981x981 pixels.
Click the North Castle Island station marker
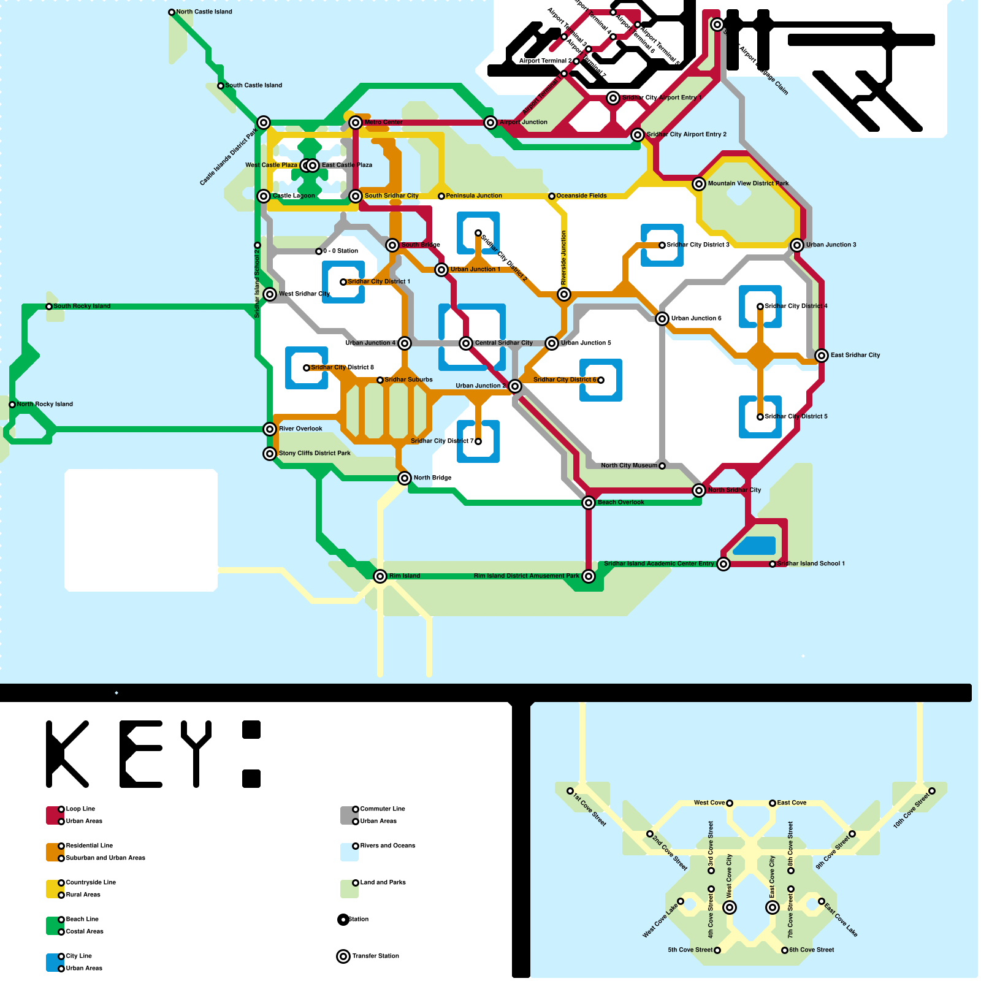[172, 12]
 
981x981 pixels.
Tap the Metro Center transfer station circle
[356, 123]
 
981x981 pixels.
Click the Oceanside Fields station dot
[552, 196]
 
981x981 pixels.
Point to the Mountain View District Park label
[748, 183]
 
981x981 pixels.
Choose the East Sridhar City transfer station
[822, 356]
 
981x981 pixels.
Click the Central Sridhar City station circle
[466, 343]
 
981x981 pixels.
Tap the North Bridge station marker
[405, 478]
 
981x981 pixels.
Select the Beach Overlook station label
[620, 502]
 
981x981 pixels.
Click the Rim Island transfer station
[380, 576]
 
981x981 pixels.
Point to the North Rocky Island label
[45, 404]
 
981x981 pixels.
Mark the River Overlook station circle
[270, 429]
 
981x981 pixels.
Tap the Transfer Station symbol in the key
[343, 956]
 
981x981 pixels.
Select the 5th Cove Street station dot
[717, 950]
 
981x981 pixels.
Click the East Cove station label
[792, 803]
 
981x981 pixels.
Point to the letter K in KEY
[67, 754]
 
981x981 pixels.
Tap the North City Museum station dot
[662, 466]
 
